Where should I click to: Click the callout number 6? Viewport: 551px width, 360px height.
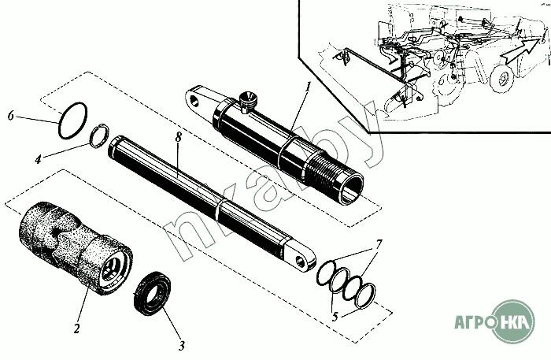tap(11, 116)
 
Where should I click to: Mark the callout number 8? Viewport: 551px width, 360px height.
tap(179, 137)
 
